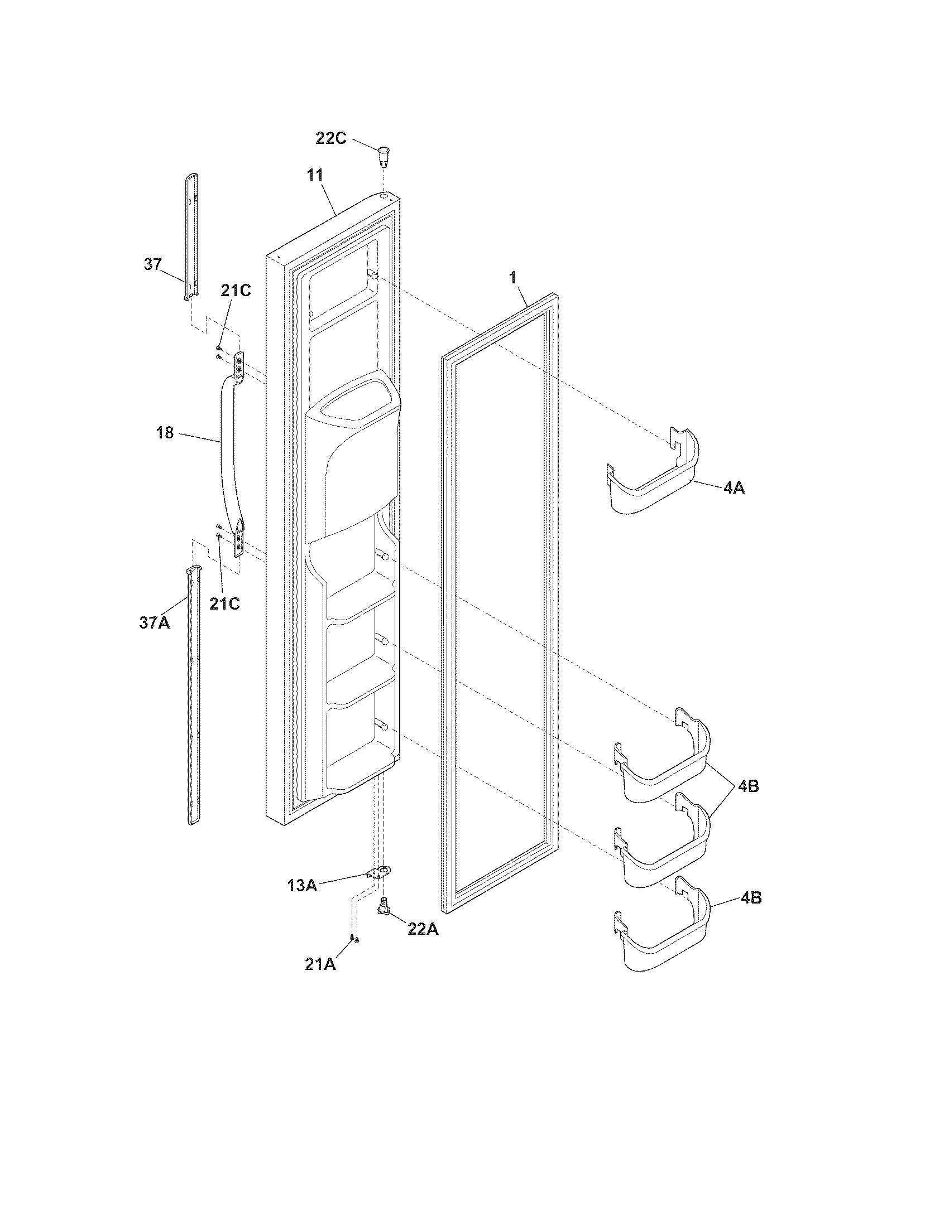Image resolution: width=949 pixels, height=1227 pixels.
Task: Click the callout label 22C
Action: tap(330, 138)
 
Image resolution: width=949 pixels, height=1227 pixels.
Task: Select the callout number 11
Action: tap(315, 175)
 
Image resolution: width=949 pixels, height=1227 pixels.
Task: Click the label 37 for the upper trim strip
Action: tap(152, 264)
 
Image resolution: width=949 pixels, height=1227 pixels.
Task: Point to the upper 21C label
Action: tap(236, 291)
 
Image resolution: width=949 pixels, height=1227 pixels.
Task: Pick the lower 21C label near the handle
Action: tap(224, 603)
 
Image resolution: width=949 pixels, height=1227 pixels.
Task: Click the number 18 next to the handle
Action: tap(165, 433)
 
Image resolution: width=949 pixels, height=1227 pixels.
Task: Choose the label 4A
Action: tap(734, 488)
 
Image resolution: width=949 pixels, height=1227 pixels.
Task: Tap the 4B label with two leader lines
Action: tap(748, 786)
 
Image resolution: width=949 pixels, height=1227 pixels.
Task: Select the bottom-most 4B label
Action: tap(750, 898)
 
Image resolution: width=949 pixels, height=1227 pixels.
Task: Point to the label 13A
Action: tap(302, 886)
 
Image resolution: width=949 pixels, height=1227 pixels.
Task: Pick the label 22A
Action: tap(423, 929)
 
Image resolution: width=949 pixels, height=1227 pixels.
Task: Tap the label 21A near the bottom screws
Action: tap(320, 964)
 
